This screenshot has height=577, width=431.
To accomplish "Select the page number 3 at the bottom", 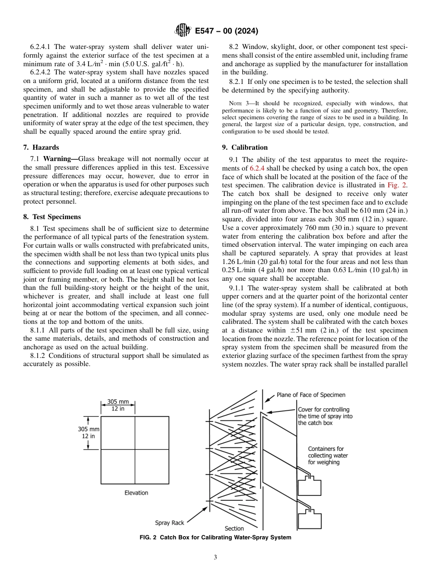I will (x=215, y=557).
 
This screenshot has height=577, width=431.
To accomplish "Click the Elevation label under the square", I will (x=136, y=493).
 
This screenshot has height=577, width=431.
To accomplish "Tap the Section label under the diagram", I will (x=234, y=528).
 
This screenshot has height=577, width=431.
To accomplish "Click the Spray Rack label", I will (x=170, y=523).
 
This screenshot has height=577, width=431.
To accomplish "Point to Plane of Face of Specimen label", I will (x=311, y=395).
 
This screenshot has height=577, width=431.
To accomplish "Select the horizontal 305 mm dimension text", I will (x=118, y=402).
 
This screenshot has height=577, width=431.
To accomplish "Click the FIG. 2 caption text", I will (x=215, y=538).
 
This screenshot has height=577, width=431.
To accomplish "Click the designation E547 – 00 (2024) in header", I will (x=226, y=31).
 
